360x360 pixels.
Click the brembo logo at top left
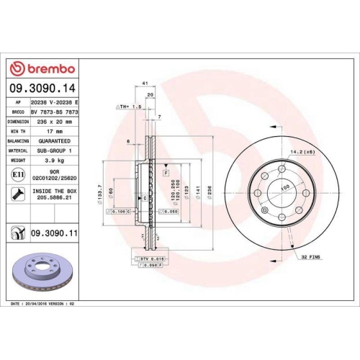click(x=42, y=68)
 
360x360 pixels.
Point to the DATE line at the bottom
click(x=45, y=305)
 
